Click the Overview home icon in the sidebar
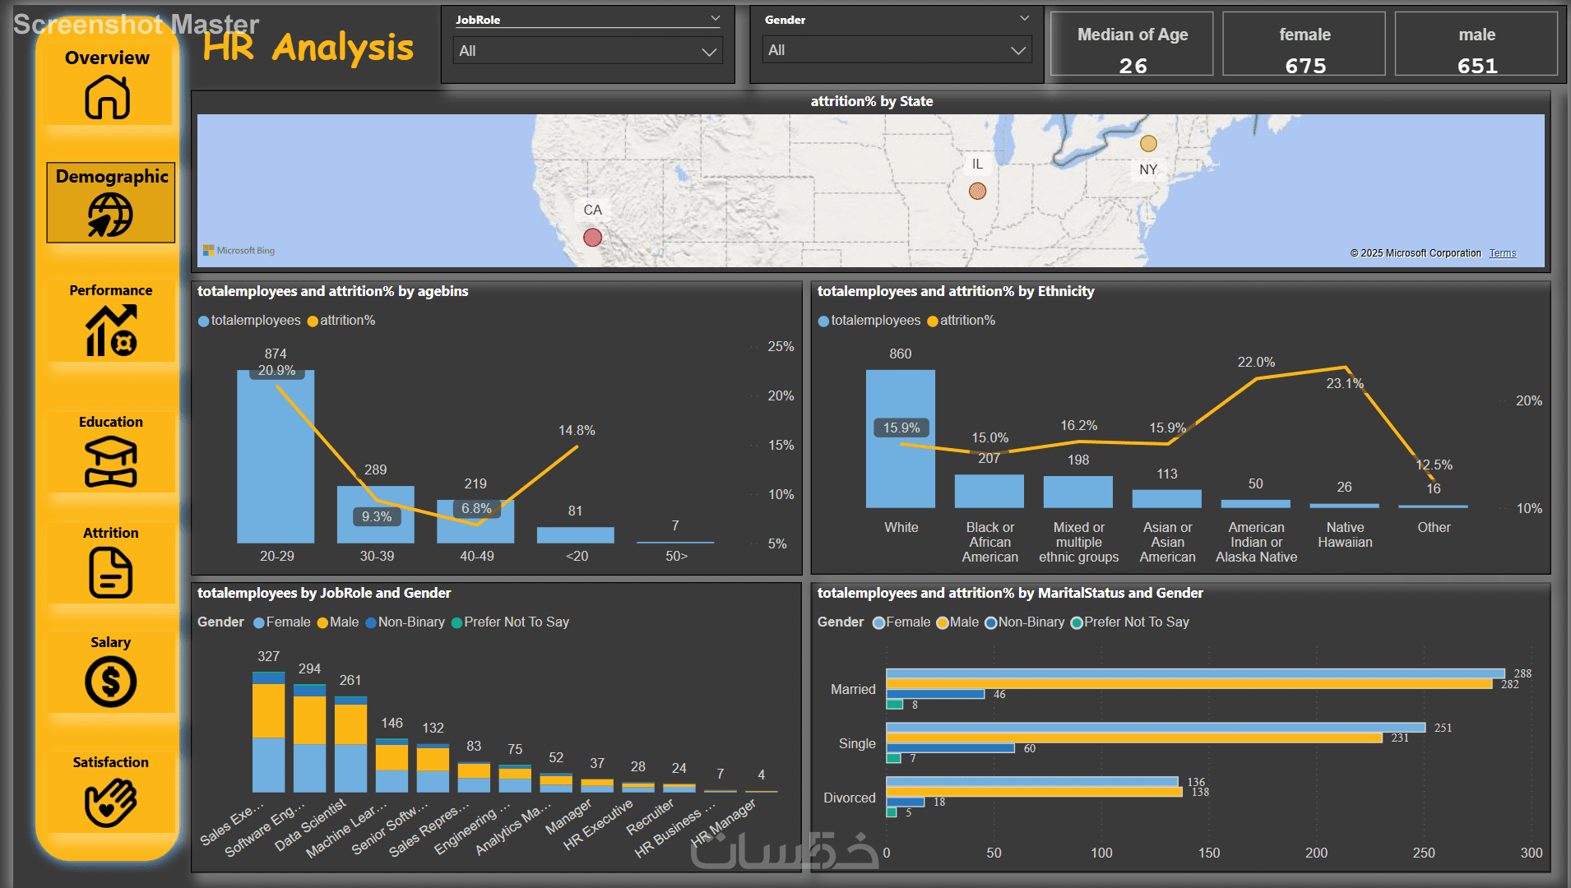[x=108, y=97]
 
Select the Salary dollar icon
[x=110, y=682]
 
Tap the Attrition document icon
[x=110, y=572]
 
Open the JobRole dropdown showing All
[x=587, y=51]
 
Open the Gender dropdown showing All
[x=897, y=50]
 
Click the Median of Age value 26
[x=1133, y=66]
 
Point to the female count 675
[x=1305, y=66]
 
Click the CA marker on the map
[x=592, y=238]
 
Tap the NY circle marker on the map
[x=1148, y=144]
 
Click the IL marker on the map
[x=977, y=191]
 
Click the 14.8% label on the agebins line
[x=577, y=430]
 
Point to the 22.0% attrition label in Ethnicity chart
[x=1256, y=362]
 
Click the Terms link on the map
[x=1502, y=253]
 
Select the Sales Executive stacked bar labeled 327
[x=268, y=732]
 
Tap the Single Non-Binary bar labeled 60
[x=950, y=748]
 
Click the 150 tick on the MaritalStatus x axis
[x=1208, y=853]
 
